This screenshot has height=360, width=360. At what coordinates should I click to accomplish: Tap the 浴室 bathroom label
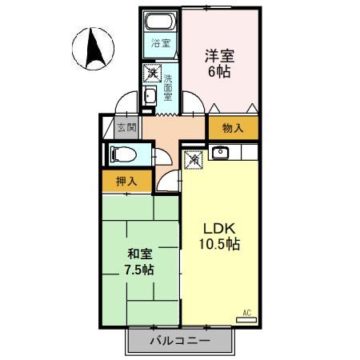(161, 43)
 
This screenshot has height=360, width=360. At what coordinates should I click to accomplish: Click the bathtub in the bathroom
(161, 22)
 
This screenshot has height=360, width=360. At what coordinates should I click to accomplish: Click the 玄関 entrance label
(126, 127)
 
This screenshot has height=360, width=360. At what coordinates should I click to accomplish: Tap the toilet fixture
(122, 154)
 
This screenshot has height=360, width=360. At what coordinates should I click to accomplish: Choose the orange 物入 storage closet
(234, 127)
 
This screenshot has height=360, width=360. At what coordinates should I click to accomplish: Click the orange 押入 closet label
(126, 182)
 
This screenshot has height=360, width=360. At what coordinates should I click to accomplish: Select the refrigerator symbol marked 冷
(194, 159)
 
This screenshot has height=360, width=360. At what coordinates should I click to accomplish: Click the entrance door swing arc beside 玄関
(125, 104)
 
